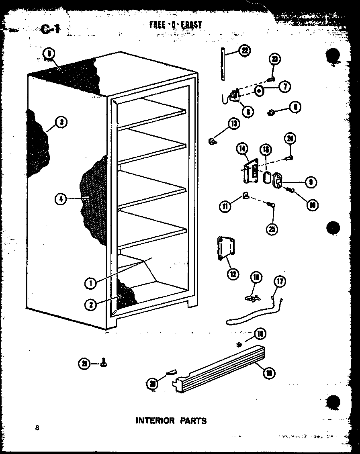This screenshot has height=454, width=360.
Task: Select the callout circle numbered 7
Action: [x=284, y=86]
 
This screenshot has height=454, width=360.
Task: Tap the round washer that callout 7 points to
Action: [x=260, y=90]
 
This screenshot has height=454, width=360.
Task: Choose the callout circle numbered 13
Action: [x=233, y=124]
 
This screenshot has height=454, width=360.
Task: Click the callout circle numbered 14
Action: [x=241, y=149]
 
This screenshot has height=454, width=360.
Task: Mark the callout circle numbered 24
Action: [x=290, y=139]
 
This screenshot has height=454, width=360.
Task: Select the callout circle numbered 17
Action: [x=280, y=281]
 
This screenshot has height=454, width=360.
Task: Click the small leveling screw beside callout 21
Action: [x=104, y=363]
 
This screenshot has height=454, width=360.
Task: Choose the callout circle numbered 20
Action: [x=152, y=383]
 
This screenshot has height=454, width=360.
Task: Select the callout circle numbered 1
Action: [x=91, y=283]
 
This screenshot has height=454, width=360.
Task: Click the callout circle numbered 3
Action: [x=61, y=122]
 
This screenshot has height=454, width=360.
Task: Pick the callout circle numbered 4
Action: [x=61, y=198]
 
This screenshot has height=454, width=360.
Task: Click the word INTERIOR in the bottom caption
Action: [x=154, y=421]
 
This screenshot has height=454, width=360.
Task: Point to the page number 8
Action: [x=37, y=428]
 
